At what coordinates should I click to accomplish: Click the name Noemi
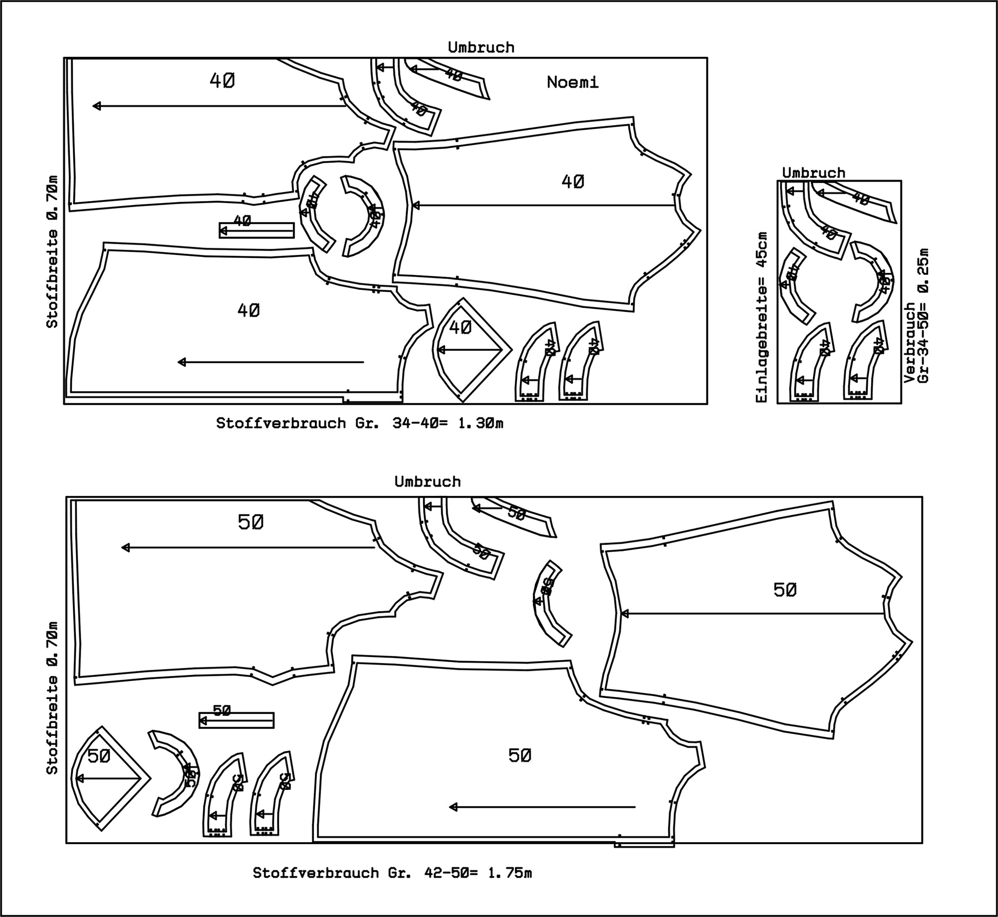pos(572,82)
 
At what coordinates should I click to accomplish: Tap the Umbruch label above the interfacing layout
pos(813,173)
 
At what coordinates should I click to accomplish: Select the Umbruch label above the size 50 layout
pos(428,482)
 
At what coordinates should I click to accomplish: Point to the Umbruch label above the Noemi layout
pos(481,47)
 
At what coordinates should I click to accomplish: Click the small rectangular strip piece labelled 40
pos(256,230)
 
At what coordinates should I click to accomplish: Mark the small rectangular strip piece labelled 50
pos(236,720)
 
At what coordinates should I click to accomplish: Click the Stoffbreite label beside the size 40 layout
pos(52,251)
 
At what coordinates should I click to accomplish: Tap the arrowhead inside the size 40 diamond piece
pos(440,350)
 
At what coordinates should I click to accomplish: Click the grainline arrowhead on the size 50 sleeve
pos(624,613)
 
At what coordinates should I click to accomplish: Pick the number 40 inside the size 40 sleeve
pos(573,182)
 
